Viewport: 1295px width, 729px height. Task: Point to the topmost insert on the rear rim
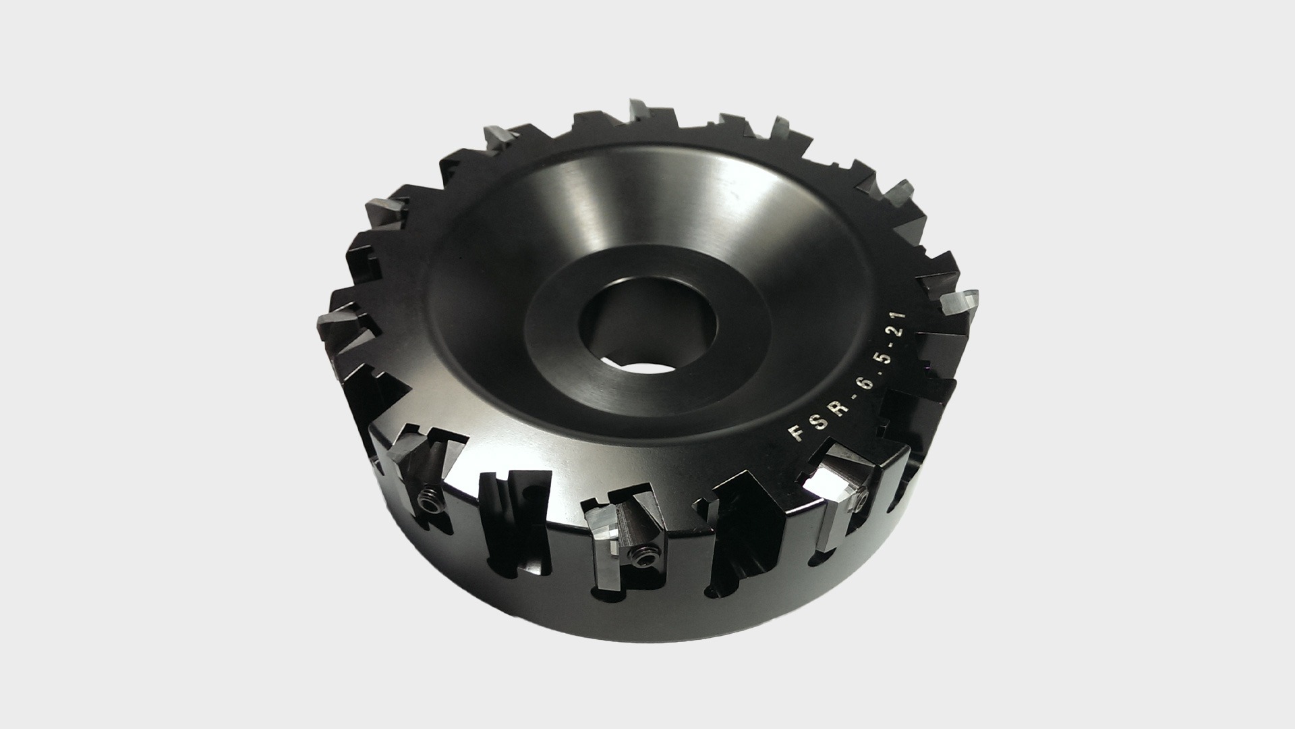click(x=640, y=111)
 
